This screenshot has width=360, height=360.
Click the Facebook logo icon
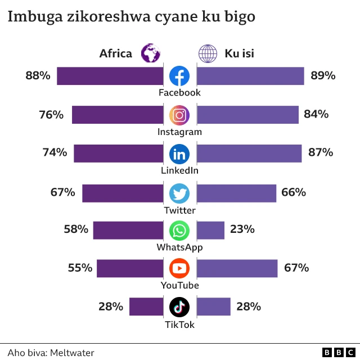point(179,76)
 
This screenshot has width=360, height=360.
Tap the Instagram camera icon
point(179,115)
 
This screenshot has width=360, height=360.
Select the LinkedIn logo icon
point(179,154)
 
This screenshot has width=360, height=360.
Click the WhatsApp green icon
point(179,231)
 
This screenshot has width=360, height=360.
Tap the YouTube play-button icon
point(179,268)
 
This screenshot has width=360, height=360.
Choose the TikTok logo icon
point(179,307)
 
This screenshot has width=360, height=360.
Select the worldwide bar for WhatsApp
point(210,231)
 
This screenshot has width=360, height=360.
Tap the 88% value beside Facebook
point(38,75)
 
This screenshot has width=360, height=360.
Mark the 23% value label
point(242,229)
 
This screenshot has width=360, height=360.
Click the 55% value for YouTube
point(80,268)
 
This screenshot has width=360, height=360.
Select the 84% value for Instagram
point(316,115)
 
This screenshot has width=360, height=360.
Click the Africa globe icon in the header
point(151,53)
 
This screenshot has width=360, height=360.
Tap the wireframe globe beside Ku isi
point(208,53)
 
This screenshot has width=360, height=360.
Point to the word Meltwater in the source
point(72,353)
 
